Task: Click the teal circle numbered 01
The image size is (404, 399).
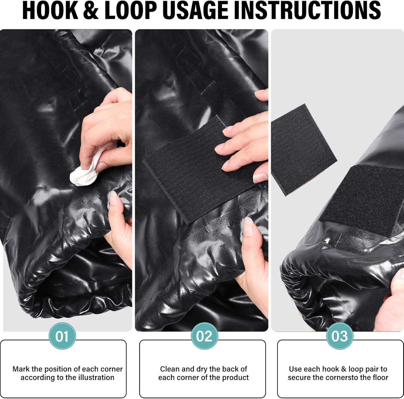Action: click(x=62, y=336)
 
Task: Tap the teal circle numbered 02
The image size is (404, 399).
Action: click(x=204, y=336)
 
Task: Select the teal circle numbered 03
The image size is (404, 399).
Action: click(x=340, y=336)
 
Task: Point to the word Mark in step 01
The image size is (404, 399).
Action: click(x=21, y=369)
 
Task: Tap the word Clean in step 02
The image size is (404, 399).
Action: click(x=170, y=369)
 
